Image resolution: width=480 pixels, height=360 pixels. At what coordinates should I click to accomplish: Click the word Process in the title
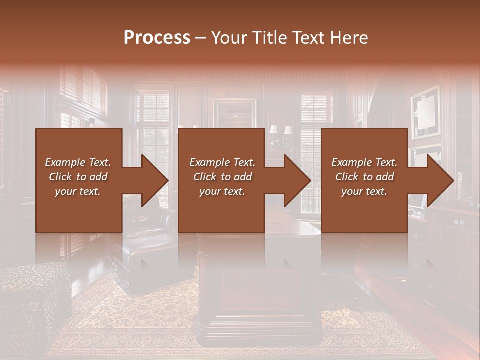click(157, 38)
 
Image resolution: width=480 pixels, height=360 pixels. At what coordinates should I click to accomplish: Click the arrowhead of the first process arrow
click(155, 180)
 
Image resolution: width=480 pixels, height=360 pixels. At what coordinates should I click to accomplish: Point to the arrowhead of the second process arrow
click(297, 180)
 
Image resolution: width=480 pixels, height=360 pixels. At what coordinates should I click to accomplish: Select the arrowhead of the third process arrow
click(440, 180)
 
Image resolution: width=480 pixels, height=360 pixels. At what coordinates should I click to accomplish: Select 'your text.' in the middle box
click(222, 191)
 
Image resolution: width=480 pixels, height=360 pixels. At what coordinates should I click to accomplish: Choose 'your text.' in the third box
click(364, 191)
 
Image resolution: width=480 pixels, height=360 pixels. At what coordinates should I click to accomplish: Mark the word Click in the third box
click(347, 176)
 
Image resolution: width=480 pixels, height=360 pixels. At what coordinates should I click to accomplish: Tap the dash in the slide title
click(201, 38)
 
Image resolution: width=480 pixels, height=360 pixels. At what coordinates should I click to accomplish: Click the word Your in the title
click(229, 38)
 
